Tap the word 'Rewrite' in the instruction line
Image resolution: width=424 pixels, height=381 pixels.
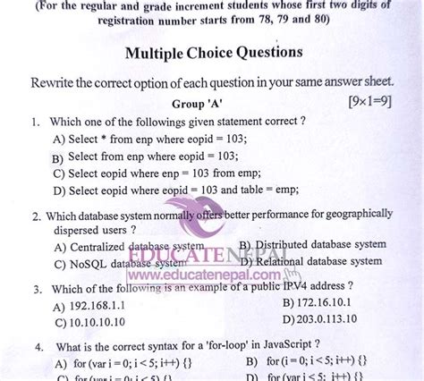pos(57,82)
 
